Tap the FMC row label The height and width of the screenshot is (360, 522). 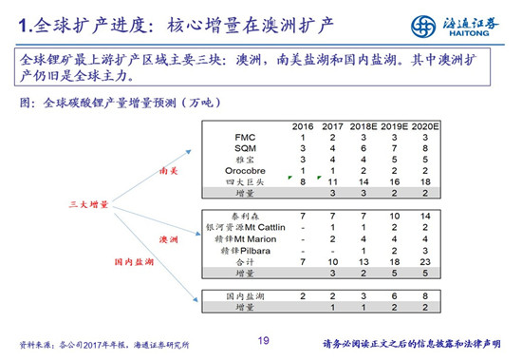[x=244, y=138]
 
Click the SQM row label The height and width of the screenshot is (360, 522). [x=244, y=148]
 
